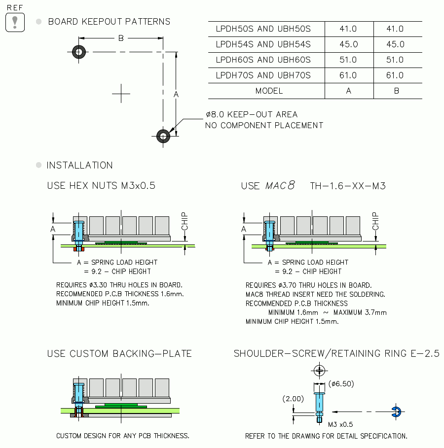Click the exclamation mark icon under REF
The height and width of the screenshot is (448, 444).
(x=15, y=22)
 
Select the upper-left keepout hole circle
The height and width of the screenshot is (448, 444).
(x=78, y=51)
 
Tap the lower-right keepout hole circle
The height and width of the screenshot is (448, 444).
(x=163, y=136)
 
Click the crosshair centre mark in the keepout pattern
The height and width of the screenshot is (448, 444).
(x=121, y=93)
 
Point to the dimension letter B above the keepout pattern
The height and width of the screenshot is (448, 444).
(x=121, y=38)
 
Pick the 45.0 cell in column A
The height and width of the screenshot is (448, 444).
(x=348, y=44)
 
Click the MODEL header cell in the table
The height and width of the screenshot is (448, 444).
(x=269, y=91)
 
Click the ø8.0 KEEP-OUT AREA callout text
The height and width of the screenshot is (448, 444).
(x=252, y=114)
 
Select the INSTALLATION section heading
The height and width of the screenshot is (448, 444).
(x=79, y=165)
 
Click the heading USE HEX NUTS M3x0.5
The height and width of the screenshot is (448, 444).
(x=101, y=186)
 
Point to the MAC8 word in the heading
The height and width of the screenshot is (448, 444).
(x=280, y=186)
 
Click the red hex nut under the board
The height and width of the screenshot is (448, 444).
(x=76, y=249)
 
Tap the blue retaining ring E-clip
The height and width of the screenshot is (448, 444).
(x=397, y=411)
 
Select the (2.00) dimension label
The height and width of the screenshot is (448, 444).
(x=293, y=398)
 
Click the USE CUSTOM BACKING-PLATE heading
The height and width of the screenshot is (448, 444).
(x=119, y=354)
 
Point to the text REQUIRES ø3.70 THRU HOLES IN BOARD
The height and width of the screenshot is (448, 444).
(x=308, y=285)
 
